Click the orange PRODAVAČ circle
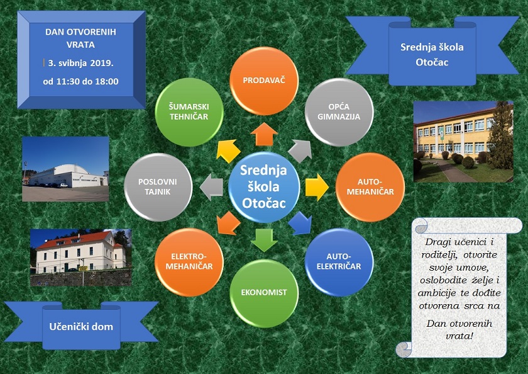264,81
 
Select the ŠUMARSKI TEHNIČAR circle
189,112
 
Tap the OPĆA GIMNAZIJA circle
339,112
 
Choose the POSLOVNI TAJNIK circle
158,187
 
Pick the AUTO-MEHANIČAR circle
370,187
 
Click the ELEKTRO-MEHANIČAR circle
189,262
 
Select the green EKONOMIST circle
264,293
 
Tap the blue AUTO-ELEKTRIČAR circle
339,262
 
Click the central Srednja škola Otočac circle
264,187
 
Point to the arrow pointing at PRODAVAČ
264,134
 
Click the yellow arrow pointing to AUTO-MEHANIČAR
317,187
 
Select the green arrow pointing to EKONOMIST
264,240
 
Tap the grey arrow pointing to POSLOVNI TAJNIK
211,187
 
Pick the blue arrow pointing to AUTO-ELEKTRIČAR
300,224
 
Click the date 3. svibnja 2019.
80,63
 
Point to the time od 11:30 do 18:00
80,82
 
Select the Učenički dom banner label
81,326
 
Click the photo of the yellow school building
463,142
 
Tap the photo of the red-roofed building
81,258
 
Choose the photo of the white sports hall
65,169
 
